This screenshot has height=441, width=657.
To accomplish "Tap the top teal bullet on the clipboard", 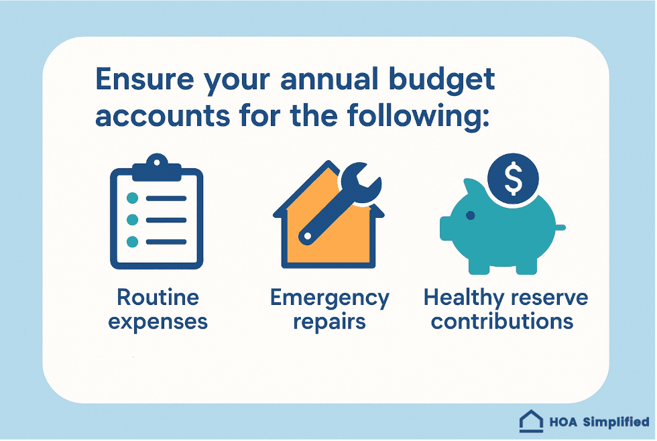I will pos(133,198).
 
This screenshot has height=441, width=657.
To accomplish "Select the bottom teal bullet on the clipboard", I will pos(133,241).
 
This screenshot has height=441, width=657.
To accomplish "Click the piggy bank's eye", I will pos(470,215).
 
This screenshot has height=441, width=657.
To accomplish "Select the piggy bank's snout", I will pos(447,228).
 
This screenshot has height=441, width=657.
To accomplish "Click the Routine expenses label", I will pos(158,309).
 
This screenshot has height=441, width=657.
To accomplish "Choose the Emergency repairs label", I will pos(328,309).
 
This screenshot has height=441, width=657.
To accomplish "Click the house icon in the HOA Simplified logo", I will pos(531,422).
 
